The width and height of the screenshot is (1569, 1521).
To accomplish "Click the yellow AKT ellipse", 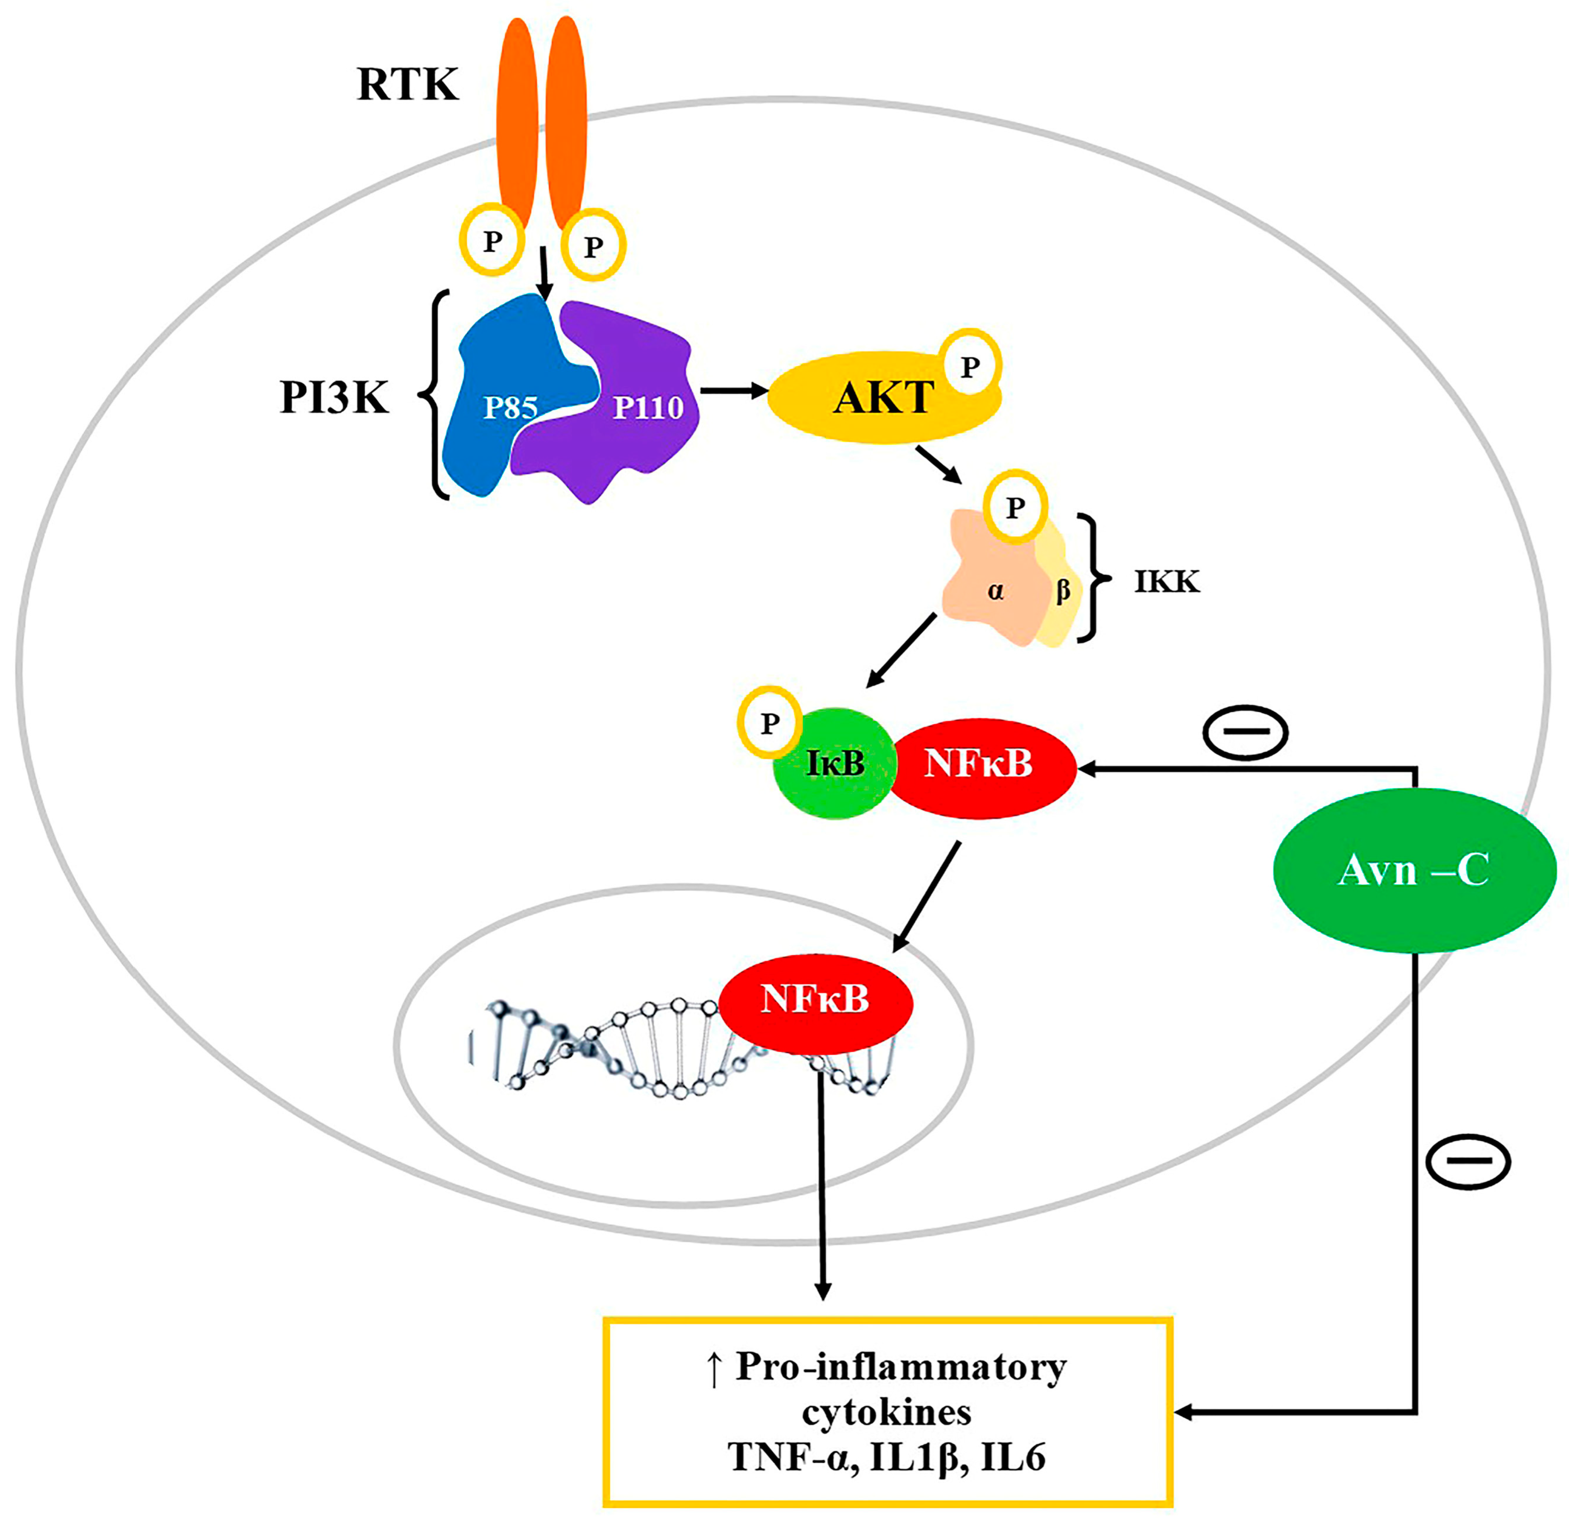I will coord(873,400).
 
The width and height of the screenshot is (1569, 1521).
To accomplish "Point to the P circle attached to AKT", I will coord(969,367).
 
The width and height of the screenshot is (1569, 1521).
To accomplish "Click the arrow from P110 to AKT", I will coord(732,391).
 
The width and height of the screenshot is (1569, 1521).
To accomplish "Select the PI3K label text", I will coord(335,398).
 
